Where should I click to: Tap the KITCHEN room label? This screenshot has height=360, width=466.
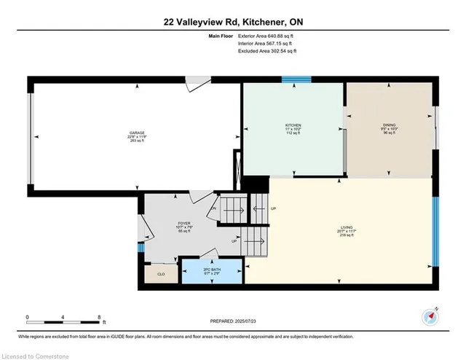(293, 129)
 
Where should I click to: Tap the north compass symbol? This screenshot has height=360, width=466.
(431, 316)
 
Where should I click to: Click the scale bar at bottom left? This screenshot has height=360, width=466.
(63, 321)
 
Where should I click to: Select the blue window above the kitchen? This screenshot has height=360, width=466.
(296, 79)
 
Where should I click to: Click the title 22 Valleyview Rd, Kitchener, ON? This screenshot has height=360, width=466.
(233, 23)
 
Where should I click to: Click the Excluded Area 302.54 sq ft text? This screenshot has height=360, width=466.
(268, 51)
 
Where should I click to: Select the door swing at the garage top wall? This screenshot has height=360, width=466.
(195, 84)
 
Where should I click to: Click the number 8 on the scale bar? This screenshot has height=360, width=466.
(98, 316)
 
